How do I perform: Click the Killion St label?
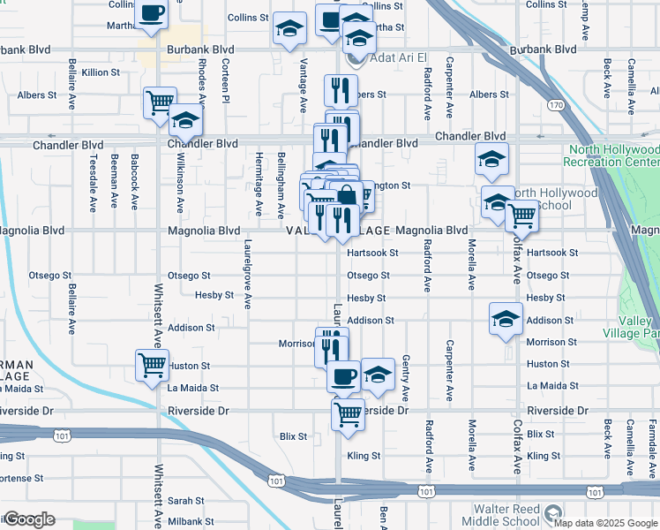point(99,72)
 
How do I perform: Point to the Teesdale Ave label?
point(92,183)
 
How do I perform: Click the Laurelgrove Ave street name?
point(248,274)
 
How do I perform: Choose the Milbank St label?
point(186,522)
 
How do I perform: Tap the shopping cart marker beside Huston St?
point(152,363)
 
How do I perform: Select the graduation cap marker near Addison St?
point(506,318)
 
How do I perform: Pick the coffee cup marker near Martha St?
point(151,14)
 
